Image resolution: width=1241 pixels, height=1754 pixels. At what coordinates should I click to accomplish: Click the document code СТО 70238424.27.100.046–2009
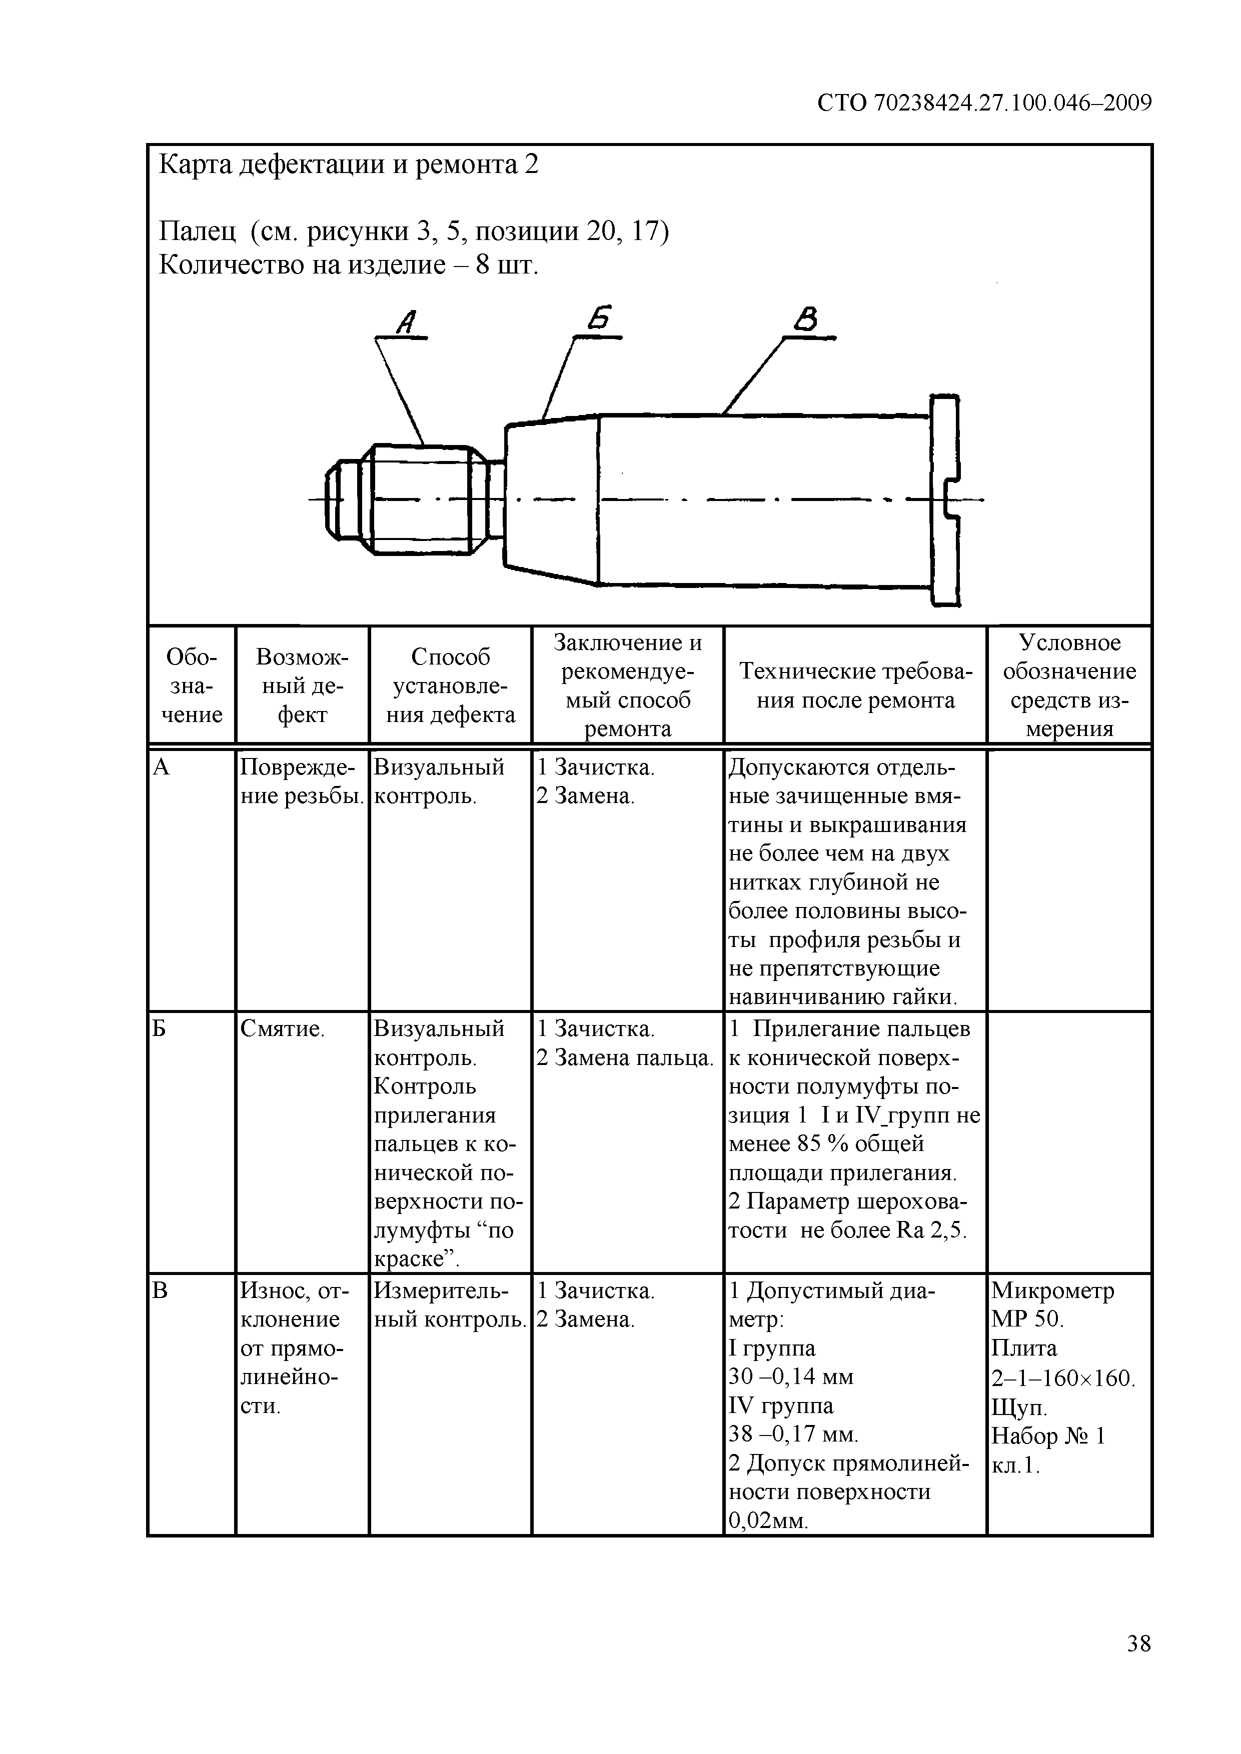pyautogui.click(x=984, y=103)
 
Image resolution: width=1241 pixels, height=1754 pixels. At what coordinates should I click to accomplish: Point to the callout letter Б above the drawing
pyautogui.click(x=601, y=318)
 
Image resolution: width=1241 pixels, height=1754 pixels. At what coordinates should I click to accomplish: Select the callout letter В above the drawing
pyautogui.click(x=805, y=318)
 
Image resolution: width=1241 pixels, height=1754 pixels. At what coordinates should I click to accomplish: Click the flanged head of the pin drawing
pyautogui.click(x=946, y=500)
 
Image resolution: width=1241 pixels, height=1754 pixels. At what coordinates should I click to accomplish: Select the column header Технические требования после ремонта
pyautogui.click(x=855, y=685)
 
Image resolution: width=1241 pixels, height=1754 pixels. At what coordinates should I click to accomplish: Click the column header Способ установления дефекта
pyautogui.click(x=450, y=685)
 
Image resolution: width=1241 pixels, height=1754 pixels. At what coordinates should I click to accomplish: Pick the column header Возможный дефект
pyautogui.click(x=302, y=685)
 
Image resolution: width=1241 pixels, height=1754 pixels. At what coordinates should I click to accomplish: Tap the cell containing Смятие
pyautogui.click(x=282, y=1029)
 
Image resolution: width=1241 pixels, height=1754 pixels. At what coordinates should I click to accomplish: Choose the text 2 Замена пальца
pyautogui.click(x=625, y=1058)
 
